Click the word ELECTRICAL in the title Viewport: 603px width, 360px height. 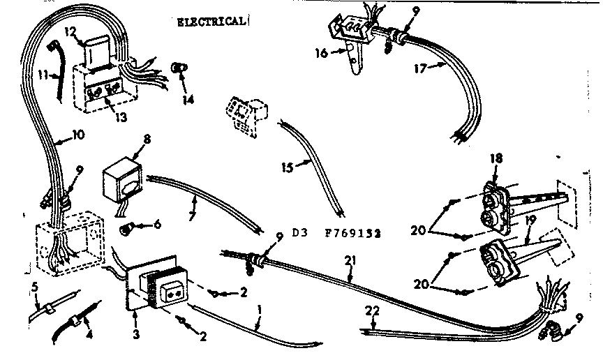(210, 22)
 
